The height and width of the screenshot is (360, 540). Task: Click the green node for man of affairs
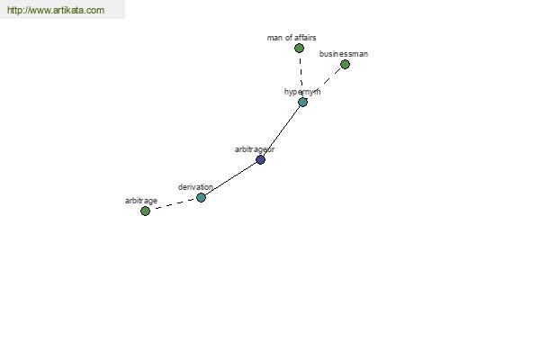point(299,48)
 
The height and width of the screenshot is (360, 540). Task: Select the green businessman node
point(345,64)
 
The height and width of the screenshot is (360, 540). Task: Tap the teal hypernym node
point(302,102)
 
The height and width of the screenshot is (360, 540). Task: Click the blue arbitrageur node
point(261,159)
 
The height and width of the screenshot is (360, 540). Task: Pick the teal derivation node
point(201,197)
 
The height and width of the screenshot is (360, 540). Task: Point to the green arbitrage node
point(145,211)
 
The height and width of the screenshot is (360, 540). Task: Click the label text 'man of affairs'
point(292,38)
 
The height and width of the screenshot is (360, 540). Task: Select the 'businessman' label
point(344,54)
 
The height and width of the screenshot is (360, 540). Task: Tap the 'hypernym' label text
point(302,92)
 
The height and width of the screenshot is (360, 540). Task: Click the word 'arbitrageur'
point(255,149)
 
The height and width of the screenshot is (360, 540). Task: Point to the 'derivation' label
point(195,187)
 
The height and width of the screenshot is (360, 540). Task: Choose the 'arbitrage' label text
point(141,201)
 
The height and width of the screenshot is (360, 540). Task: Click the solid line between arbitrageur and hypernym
point(282,130)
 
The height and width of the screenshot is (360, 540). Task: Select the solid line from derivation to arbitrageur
point(230,178)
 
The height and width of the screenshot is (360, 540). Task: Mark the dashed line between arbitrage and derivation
point(173,204)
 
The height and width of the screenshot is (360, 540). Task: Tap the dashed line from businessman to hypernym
point(324,83)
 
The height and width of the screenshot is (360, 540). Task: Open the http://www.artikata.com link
point(56,10)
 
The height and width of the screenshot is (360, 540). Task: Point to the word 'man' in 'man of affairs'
point(274,38)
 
